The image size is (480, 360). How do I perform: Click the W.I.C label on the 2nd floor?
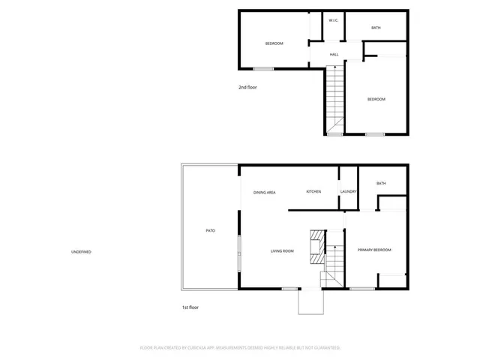(333, 20)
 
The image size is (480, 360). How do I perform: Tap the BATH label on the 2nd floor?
(376, 28)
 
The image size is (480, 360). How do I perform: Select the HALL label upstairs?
(334, 54)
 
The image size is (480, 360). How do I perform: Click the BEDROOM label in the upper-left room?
(274, 43)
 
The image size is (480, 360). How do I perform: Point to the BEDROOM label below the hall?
(376, 99)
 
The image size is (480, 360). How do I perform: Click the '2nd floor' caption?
(247, 87)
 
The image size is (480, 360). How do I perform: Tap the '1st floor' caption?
(190, 307)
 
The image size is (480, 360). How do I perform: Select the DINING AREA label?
(264, 192)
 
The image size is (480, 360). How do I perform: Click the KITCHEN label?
(313, 192)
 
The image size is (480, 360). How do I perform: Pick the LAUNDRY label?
(348, 192)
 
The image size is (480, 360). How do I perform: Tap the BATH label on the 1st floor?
(381, 184)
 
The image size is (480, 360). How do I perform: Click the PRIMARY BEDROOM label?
(374, 250)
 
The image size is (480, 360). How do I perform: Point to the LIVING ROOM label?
(282, 250)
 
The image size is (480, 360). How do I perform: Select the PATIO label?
(211, 230)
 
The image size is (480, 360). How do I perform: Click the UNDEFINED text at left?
(81, 251)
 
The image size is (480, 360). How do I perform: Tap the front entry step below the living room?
(310, 301)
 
